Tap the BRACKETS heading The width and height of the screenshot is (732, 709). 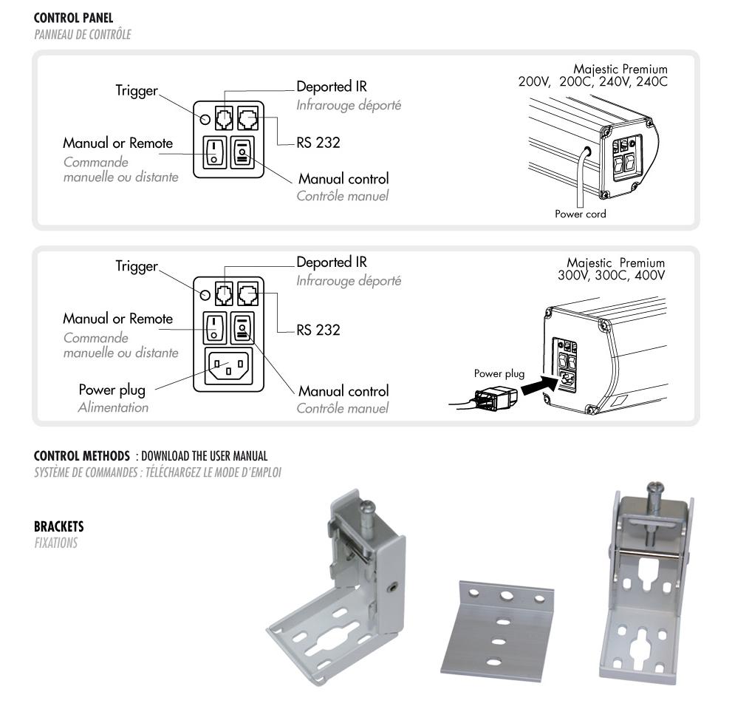(59, 527)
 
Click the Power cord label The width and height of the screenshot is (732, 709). (581, 214)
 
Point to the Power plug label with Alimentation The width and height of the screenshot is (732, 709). (112, 390)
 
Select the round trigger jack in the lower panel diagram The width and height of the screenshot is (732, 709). (205, 293)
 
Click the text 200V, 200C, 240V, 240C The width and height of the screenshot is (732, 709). (592, 81)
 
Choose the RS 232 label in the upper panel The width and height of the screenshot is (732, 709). (318, 143)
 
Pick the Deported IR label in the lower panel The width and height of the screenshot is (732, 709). (332, 262)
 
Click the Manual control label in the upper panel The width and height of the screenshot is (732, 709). (343, 179)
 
